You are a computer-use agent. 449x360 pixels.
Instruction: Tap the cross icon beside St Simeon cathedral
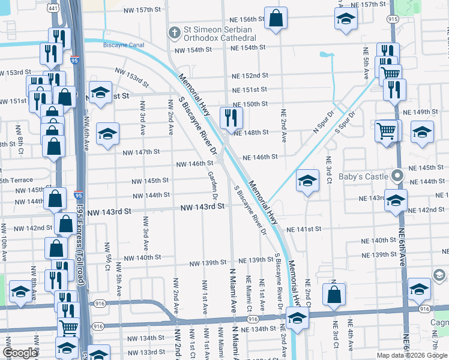click(174, 31)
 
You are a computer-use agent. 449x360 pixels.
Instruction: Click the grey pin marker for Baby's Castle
click(396, 176)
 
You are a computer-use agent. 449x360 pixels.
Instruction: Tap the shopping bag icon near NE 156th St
click(276, 19)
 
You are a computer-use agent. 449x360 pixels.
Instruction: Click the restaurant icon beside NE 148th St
click(231, 118)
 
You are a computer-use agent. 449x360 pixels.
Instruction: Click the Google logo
click(20, 353)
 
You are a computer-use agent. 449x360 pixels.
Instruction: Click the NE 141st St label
click(304, 229)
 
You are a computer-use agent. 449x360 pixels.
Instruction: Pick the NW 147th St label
click(141, 152)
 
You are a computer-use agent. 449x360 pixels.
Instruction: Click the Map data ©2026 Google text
click(411, 355)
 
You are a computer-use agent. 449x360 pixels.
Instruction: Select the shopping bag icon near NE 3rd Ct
click(334, 294)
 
